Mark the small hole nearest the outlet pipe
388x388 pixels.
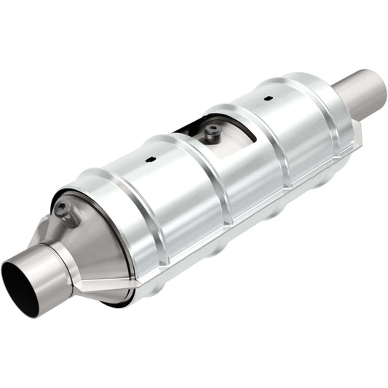[269, 98]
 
